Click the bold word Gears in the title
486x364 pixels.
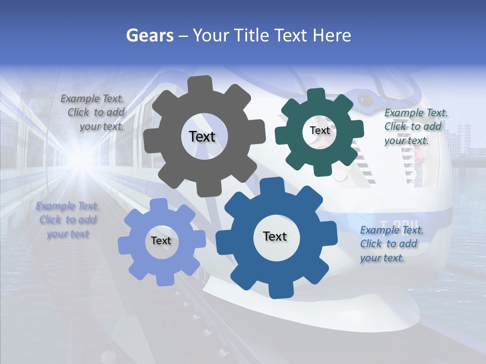pyautogui.click(x=149, y=35)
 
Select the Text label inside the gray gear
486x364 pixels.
pyautogui.click(x=202, y=136)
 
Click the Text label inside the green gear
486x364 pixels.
pyautogui.click(x=319, y=130)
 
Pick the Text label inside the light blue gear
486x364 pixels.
pyautogui.click(x=161, y=241)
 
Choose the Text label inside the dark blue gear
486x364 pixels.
pyautogui.click(x=275, y=236)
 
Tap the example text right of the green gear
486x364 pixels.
pyautogui.click(x=415, y=126)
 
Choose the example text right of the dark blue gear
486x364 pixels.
pyautogui.click(x=391, y=244)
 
